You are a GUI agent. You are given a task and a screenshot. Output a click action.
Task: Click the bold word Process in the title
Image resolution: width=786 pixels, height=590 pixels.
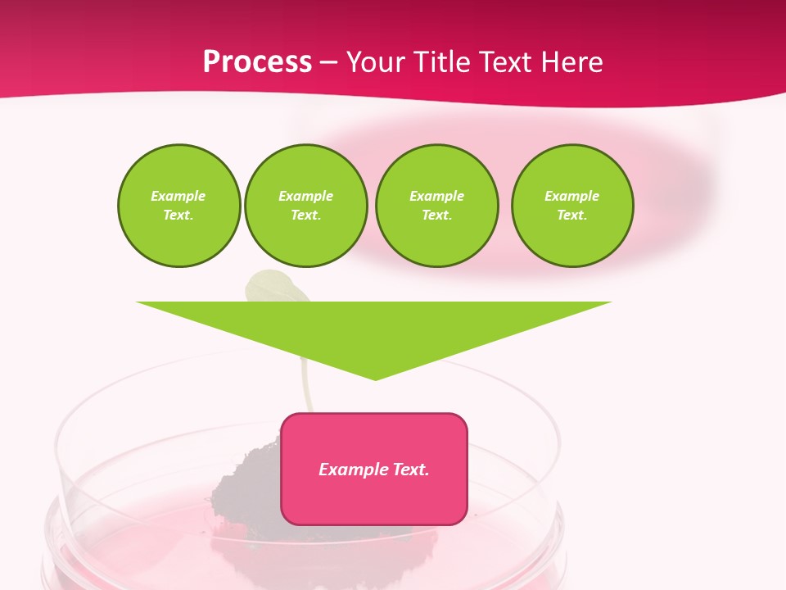point(257,62)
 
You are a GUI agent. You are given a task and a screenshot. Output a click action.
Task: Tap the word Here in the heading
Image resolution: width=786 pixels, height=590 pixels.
point(572,62)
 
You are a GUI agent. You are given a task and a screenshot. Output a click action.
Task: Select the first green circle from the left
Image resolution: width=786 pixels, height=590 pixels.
point(178,206)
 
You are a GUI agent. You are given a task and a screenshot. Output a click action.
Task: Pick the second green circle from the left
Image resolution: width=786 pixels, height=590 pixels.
point(305,206)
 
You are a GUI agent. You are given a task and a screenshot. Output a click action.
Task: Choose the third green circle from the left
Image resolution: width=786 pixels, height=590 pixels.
point(436,206)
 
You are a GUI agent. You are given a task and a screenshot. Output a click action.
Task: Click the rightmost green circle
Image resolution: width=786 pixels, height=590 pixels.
point(571,206)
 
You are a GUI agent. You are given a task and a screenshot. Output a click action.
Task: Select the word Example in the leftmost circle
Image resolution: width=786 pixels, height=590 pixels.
point(178,197)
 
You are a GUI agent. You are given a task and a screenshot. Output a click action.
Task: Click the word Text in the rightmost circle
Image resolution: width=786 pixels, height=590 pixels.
point(571,216)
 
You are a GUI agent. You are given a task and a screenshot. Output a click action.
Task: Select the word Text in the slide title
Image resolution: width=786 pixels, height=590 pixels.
point(506,62)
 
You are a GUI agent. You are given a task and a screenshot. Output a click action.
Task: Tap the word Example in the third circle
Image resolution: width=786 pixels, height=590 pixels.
point(436,197)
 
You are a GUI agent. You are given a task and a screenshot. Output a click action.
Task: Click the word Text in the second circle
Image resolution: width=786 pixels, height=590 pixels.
point(305,216)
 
